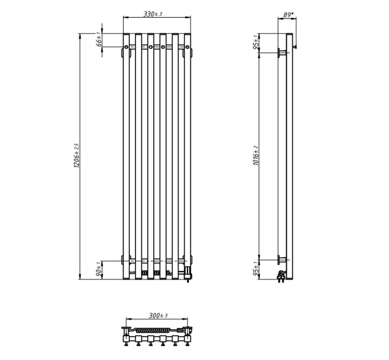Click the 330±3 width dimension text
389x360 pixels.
[153, 14]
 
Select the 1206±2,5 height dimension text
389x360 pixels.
[77, 155]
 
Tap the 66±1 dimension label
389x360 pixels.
[99, 39]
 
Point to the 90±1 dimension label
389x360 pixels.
[99, 269]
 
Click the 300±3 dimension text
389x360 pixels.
[158, 315]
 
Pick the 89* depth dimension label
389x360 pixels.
[288, 15]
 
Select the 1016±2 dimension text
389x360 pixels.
[256, 155]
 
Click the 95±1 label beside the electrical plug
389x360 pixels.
[256, 269]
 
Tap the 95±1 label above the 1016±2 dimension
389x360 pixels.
[256, 42]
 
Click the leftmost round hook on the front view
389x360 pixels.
[126, 47]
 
